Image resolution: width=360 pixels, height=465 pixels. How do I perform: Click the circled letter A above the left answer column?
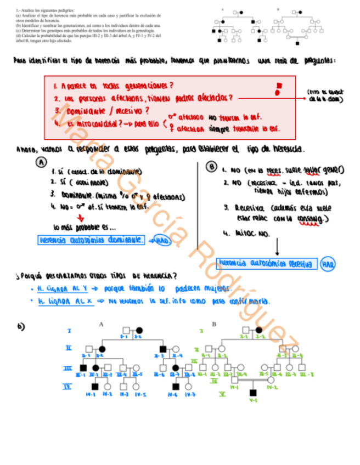41,162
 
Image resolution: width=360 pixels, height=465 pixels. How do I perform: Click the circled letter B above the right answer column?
211,167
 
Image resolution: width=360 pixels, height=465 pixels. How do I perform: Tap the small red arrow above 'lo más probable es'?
81,217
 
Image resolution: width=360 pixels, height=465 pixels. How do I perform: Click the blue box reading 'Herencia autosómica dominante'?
92,240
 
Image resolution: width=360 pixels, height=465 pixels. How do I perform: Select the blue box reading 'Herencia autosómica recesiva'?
267,264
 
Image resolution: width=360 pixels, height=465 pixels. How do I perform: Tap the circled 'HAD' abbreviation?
161,240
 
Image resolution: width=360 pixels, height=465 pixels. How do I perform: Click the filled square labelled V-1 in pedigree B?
253,392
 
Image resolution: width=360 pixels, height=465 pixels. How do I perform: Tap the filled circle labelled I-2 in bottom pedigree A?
139,330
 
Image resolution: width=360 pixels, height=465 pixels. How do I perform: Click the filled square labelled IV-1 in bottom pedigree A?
95,387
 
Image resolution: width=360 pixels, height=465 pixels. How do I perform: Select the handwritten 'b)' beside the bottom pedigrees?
21,326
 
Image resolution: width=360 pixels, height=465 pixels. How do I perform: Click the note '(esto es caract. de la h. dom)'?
326,97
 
